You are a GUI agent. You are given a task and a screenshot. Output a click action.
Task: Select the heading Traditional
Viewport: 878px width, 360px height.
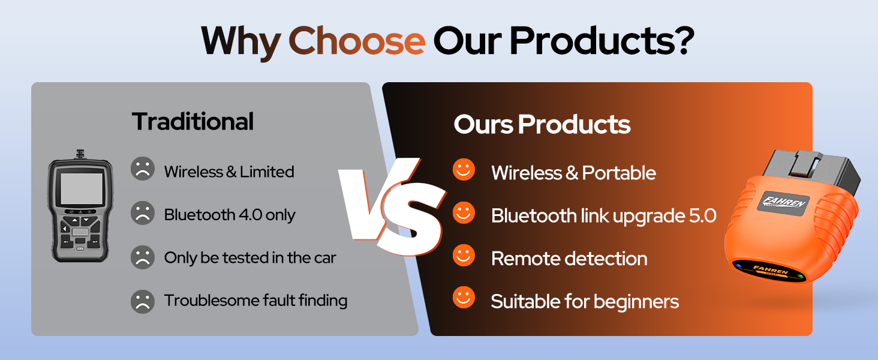[193, 122]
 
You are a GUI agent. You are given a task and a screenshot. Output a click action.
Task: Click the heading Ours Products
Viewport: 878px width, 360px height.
[542, 125]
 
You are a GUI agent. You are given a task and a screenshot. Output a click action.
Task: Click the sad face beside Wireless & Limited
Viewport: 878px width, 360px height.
[143, 170]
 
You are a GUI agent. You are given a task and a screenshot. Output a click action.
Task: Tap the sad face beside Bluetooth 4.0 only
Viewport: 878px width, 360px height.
[143, 214]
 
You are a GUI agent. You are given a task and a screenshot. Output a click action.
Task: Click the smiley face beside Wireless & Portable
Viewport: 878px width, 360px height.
[464, 170]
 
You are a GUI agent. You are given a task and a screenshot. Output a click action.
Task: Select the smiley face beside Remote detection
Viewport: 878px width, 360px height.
[464, 256]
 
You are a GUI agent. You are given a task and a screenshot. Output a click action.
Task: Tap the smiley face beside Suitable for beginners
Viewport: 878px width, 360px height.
[464, 298]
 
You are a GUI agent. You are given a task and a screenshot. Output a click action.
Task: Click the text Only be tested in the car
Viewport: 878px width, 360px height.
[250, 258]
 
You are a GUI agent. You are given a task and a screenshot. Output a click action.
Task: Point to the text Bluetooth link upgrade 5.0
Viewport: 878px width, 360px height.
[604, 216]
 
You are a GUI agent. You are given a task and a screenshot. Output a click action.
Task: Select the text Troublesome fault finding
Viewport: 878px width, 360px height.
[256, 301]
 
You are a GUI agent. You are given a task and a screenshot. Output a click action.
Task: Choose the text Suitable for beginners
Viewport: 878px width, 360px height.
[585, 301]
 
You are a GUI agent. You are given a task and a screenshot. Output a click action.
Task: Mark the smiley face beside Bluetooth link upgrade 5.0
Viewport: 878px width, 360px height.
[464, 213]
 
